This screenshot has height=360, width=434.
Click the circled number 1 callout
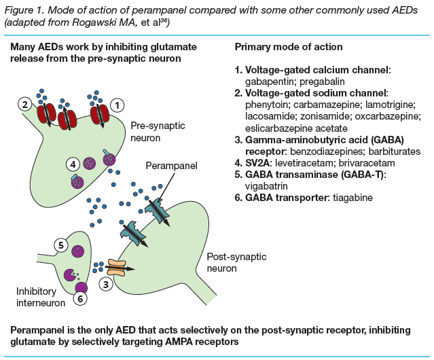(x=117, y=105)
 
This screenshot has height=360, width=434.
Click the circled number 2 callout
(x=24, y=105)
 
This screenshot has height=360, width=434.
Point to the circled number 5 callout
(x=60, y=244)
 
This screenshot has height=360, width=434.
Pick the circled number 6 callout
(x=80, y=297)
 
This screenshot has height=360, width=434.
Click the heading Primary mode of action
(x=288, y=48)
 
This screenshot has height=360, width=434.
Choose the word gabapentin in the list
(x=269, y=81)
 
